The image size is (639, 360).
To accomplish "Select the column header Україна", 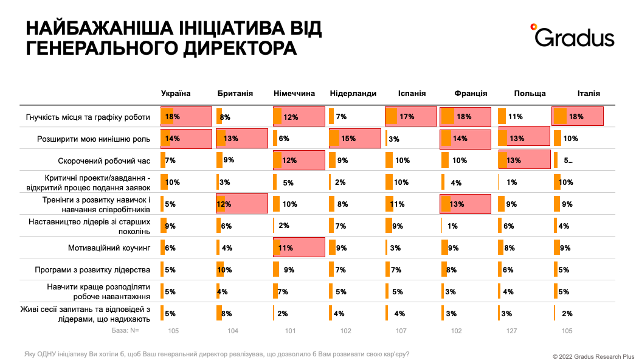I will (176, 94).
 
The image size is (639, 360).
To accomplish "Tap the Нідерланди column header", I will (353, 94).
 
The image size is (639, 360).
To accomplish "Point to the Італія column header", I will (589, 94).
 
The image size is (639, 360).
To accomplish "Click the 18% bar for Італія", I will (577, 116).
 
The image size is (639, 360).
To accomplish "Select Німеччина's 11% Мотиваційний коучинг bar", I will (299, 248).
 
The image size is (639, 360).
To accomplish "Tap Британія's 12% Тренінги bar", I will (241, 204).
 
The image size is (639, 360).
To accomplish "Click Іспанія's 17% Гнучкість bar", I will (410, 116).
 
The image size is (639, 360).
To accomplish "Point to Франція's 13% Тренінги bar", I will (465, 204).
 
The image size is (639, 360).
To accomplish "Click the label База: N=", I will (126, 331).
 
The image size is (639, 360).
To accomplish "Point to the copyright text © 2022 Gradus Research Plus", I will (593, 356).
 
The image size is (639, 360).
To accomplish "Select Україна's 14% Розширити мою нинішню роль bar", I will (185, 139).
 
